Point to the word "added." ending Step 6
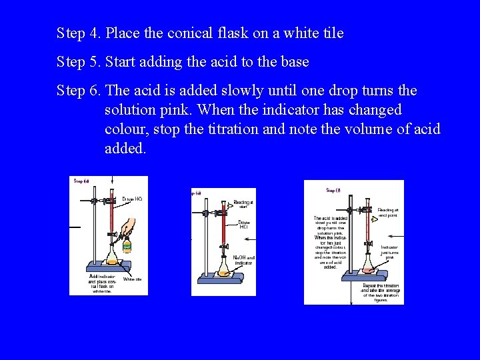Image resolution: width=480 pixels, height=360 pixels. pos(125,148)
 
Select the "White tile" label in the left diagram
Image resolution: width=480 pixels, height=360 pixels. pos(132,279)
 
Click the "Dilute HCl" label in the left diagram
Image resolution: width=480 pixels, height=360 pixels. pos(132,199)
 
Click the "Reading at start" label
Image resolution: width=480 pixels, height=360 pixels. pos(243,204)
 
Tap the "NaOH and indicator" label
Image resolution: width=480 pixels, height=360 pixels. pos(244,260)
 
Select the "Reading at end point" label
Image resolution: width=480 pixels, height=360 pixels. pos(388,212)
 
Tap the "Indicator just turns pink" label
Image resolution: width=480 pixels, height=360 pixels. pos(389,252)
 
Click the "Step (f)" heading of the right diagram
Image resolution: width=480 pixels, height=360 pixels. pos(333,191)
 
